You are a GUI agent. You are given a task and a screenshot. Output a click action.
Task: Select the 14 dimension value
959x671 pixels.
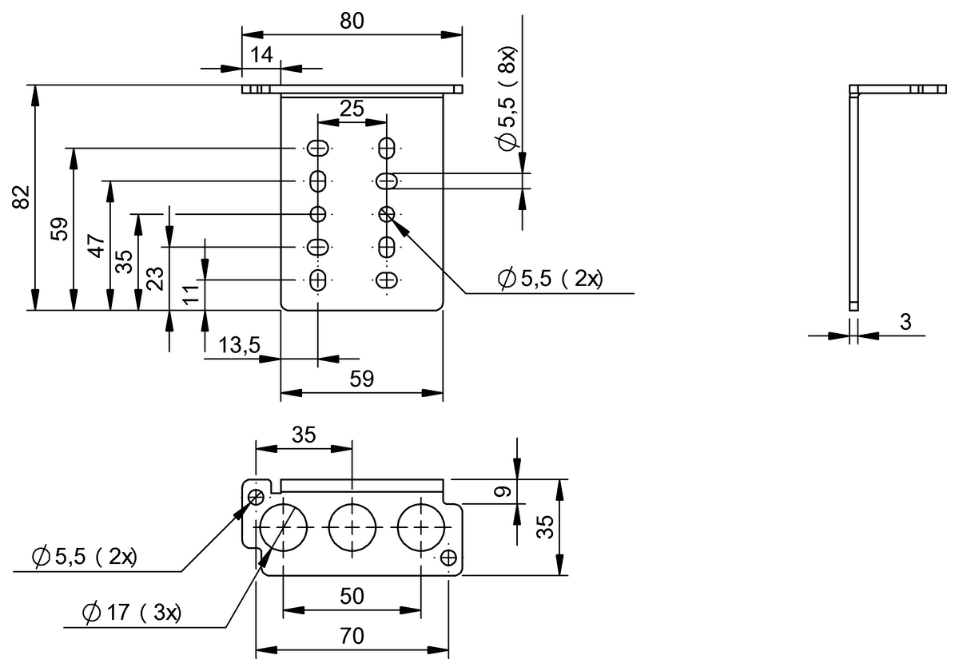point(261,55)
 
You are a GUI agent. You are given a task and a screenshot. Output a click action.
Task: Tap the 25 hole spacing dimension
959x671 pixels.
point(352,108)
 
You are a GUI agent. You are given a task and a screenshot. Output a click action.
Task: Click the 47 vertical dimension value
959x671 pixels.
point(96,245)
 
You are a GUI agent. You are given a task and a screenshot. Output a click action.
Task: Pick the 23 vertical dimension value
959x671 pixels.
point(157,277)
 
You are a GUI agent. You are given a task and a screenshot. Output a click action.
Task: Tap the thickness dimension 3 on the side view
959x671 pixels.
point(905,322)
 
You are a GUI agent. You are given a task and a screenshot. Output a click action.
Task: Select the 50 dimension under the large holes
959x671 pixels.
point(352,596)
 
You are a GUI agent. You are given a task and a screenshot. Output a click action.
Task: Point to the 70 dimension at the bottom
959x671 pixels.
point(352,636)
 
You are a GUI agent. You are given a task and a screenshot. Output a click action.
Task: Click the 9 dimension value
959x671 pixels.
point(500,492)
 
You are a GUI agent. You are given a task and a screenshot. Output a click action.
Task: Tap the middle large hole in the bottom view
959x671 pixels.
point(352,527)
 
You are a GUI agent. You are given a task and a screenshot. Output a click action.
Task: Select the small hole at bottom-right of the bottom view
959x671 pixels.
point(448,557)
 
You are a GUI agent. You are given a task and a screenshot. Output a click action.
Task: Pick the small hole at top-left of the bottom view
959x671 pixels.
point(257,497)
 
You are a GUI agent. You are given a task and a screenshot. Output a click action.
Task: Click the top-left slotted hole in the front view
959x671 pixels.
point(318,149)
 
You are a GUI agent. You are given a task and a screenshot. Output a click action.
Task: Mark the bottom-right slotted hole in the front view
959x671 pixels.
point(387,280)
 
